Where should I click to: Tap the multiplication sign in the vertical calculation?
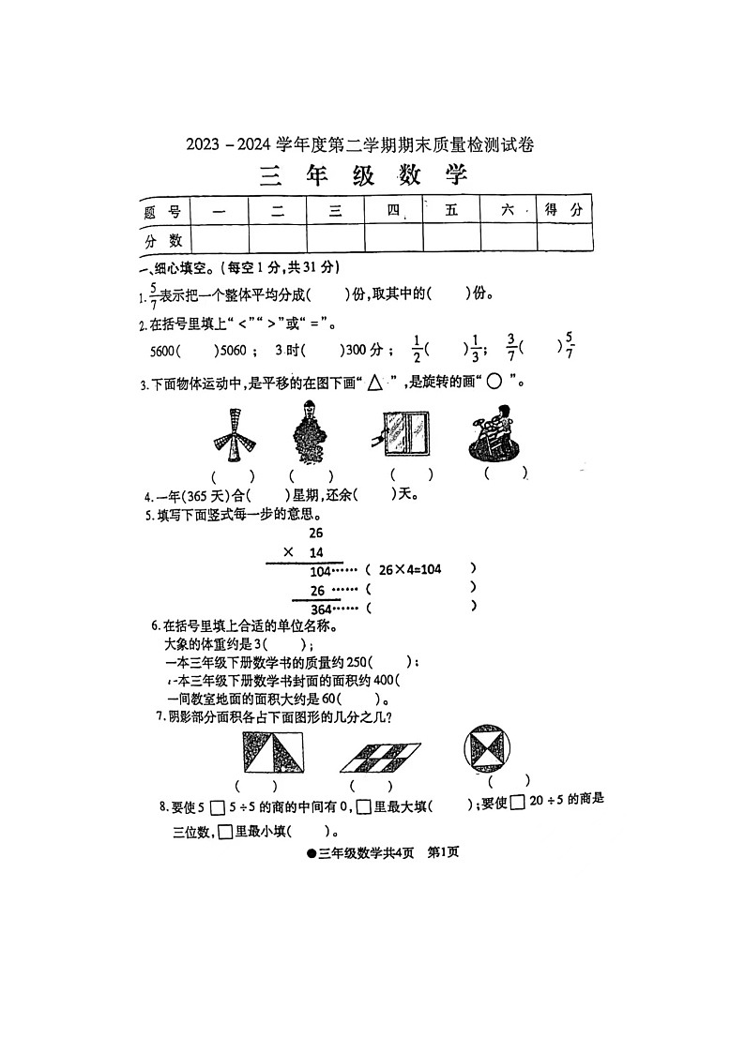[x=288, y=552]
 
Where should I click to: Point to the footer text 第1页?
[x=442, y=852]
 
